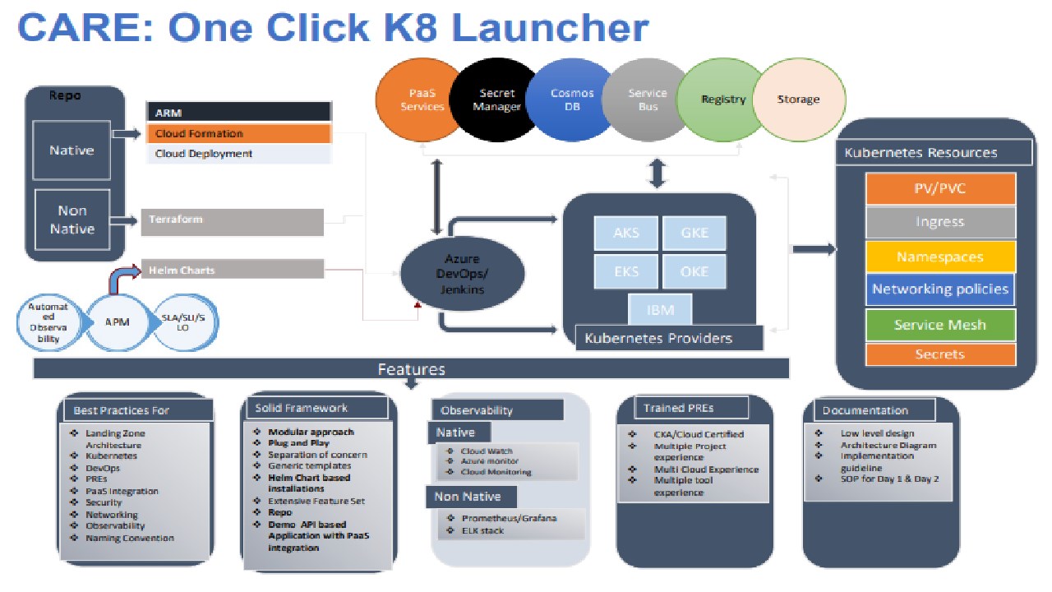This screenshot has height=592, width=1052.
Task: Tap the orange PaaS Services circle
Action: pyautogui.click(x=422, y=99)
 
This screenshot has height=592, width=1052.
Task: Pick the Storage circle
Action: pyautogui.click(x=799, y=99)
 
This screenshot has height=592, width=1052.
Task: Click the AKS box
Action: pyautogui.click(x=626, y=233)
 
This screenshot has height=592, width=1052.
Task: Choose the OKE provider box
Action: pyautogui.click(x=694, y=271)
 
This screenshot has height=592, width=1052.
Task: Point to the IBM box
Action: pyautogui.click(x=661, y=311)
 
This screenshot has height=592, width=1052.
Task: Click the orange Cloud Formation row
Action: pyautogui.click(x=238, y=133)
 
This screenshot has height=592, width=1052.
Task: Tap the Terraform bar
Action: pyautogui.click(x=233, y=220)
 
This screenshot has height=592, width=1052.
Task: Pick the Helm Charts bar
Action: pyautogui.click(x=233, y=270)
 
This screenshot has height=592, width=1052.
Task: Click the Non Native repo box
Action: pyautogui.click(x=72, y=220)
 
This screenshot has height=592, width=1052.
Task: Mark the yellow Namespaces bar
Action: pyautogui.click(x=940, y=257)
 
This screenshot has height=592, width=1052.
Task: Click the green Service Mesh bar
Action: pyautogui.click(x=940, y=325)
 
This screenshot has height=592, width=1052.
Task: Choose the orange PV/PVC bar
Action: pyautogui.click(x=940, y=188)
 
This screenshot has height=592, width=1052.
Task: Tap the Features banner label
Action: pyautogui.click(x=411, y=369)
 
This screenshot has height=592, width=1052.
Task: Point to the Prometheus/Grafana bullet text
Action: pyautogui.click(x=509, y=518)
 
